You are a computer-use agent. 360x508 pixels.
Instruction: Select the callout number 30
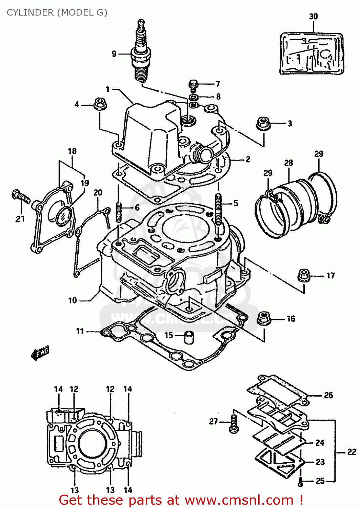(x=313, y=16)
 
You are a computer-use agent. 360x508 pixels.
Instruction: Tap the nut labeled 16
(x=264, y=318)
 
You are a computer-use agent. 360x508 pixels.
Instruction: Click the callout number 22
(x=352, y=452)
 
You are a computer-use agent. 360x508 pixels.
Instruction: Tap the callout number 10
(x=73, y=300)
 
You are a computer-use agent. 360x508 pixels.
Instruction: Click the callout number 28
(x=288, y=163)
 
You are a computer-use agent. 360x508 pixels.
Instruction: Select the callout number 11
(x=80, y=331)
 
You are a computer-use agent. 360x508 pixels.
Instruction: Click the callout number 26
(x=328, y=395)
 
